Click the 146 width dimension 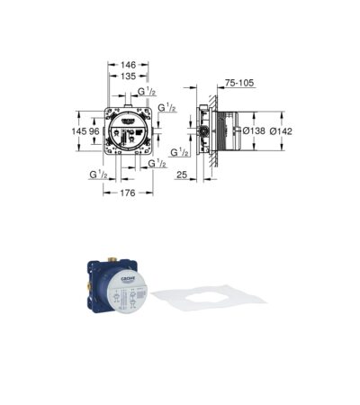pyautogui.click(x=129, y=66)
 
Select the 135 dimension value pyautogui.click(x=129, y=77)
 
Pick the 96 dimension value pyautogui.click(x=92, y=130)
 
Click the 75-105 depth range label pyautogui.click(x=239, y=82)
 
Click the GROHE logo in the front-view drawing pyautogui.click(x=127, y=118)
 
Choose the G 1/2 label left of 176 pyautogui.click(x=99, y=173)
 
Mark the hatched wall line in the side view pyautogui.click(x=216, y=130)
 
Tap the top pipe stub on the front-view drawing pyautogui.click(x=129, y=103)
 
